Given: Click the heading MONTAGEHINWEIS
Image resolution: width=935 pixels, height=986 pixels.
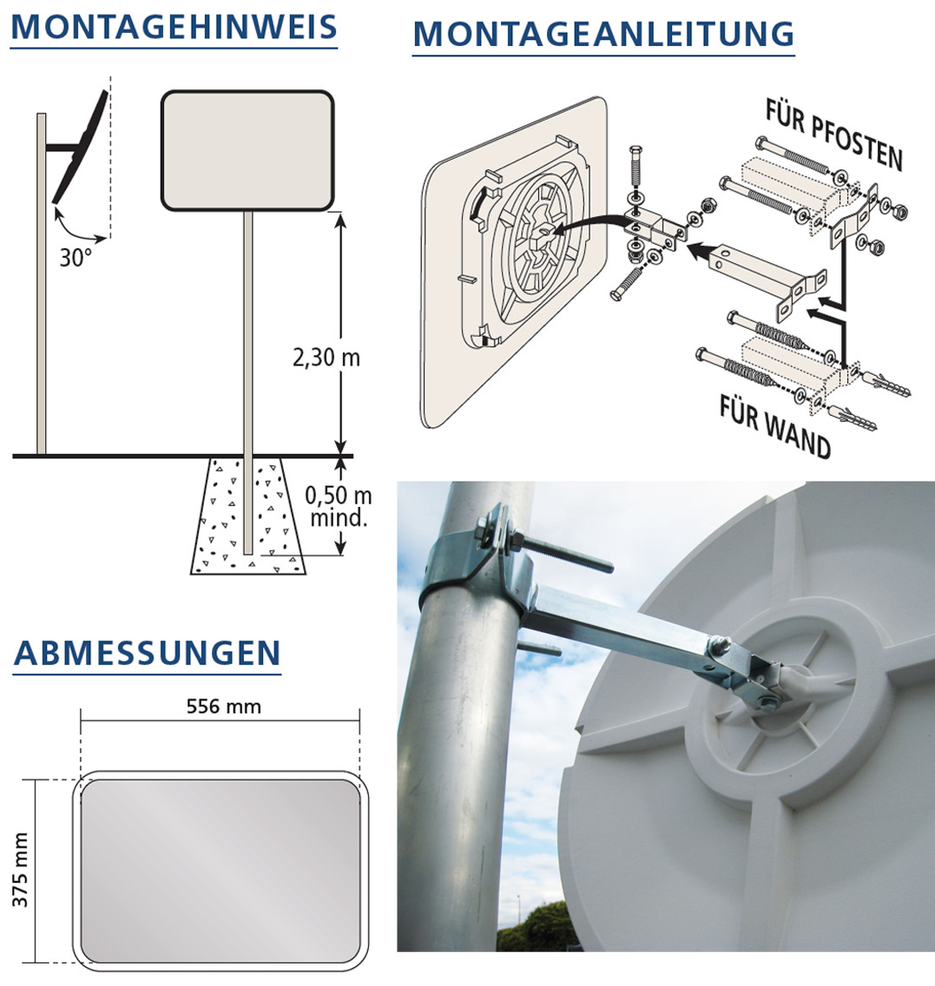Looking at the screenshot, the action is tap(174, 26).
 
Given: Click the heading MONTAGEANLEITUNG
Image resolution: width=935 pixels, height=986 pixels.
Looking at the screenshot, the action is tap(603, 34).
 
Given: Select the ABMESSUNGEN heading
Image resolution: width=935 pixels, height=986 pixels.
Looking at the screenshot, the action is tap(147, 653).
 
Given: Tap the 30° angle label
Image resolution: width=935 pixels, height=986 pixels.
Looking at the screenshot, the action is tap(76, 257).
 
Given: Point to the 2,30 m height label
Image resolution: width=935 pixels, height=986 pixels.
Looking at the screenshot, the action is tap(326, 358).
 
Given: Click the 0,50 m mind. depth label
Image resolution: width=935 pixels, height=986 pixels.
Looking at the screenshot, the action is tap(339, 506).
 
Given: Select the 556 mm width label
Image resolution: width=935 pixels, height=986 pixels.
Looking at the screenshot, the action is tap(224, 707).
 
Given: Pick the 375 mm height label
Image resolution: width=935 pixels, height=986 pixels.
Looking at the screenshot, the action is tap(20, 870).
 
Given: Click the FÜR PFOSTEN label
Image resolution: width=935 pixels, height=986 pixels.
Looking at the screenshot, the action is tap(833, 135).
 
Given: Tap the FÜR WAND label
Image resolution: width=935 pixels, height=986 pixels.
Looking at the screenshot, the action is tap(774, 426).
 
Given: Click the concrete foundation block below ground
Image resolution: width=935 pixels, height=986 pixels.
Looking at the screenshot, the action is tap(248, 516).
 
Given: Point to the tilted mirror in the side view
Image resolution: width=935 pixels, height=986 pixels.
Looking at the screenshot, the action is tap(80, 147).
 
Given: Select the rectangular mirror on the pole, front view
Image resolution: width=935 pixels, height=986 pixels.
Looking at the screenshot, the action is tap(247, 150).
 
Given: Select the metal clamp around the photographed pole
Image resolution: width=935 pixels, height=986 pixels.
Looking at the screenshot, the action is tap(476, 562).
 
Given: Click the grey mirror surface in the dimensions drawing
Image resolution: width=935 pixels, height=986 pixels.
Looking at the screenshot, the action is tap(221, 871).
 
